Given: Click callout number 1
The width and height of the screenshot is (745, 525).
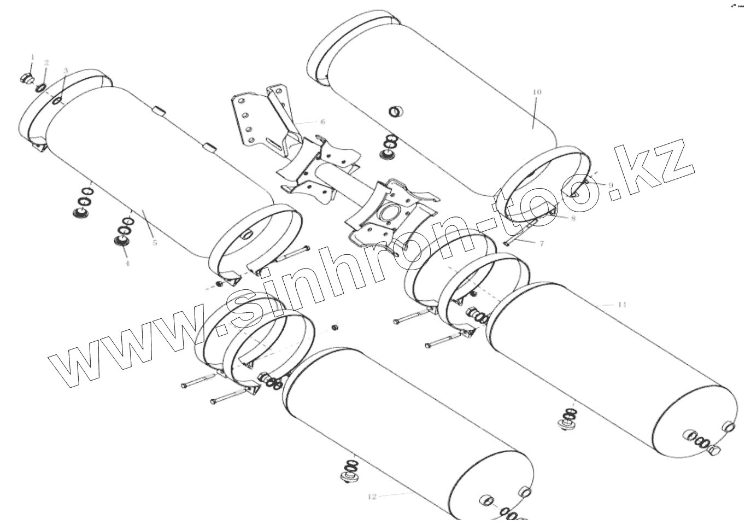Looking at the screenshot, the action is click(x=32, y=56).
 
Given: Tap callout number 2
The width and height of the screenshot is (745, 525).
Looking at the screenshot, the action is click(x=46, y=63).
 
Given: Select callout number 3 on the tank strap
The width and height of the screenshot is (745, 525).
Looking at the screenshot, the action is click(x=66, y=71).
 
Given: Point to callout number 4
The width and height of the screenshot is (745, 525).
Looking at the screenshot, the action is click(x=127, y=263).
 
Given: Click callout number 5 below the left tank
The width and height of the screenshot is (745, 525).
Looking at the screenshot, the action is click(x=155, y=242).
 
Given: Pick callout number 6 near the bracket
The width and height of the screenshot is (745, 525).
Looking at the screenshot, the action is click(x=322, y=121).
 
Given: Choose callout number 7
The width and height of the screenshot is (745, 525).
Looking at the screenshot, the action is click(x=541, y=243).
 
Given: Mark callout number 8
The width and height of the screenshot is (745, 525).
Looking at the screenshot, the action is click(x=573, y=218).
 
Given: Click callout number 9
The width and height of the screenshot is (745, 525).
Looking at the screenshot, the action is click(x=611, y=185).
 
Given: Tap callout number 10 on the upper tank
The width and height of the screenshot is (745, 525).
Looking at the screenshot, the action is click(x=537, y=92).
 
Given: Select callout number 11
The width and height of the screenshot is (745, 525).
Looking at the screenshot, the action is click(x=621, y=305).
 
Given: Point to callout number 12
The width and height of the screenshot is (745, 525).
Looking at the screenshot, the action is click(x=372, y=497).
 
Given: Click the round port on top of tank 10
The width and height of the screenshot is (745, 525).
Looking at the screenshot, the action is click(x=395, y=112).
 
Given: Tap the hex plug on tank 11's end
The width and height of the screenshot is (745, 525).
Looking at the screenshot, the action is click(x=714, y=451).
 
